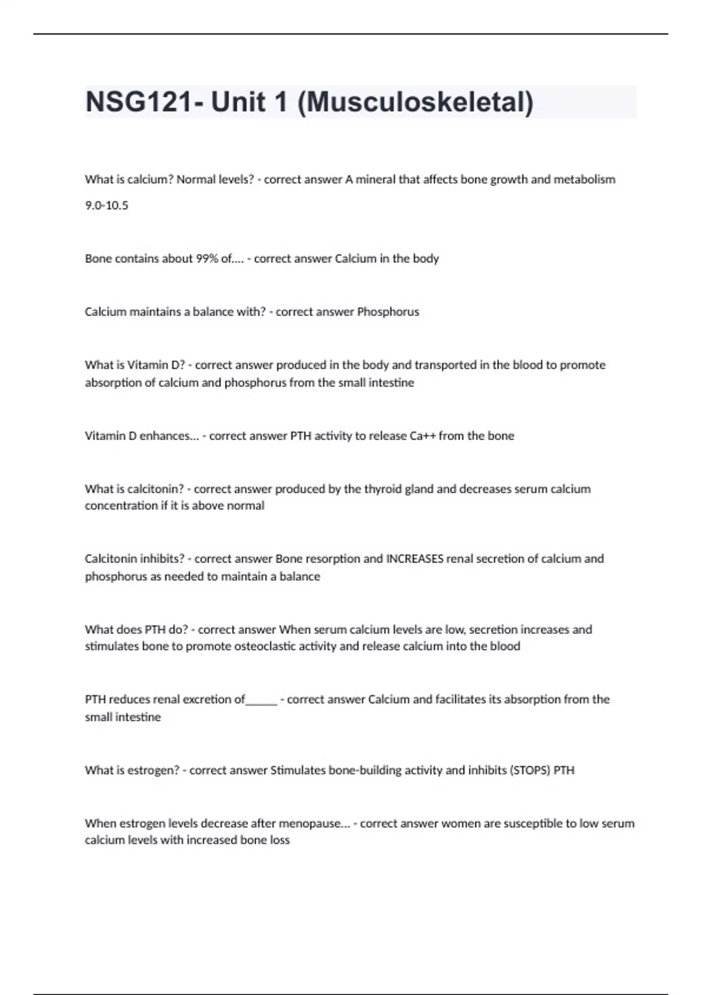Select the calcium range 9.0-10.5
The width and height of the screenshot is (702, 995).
coord(106,205)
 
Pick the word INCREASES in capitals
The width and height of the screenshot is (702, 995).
coord(414,559)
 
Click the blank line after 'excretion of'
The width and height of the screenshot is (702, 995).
coord(261,700)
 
